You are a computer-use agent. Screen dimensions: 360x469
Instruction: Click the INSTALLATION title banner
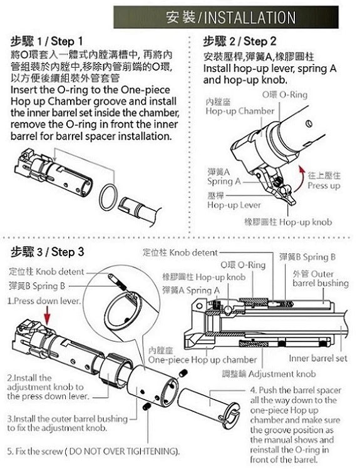coord(226,18)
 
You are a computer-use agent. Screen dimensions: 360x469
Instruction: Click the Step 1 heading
coord(47,41)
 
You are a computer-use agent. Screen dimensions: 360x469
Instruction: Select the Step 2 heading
coord(240,41)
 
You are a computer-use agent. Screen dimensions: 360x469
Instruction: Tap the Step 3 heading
coord(47,252)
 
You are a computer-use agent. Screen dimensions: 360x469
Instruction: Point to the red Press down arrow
coord(47,316)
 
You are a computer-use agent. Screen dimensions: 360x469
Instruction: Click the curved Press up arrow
coord(300,179)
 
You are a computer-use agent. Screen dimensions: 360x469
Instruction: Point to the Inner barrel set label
coord(318,358)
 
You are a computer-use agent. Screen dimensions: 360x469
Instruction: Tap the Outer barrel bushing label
coord(321,278)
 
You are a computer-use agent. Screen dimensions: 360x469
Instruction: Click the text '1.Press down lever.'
coord(44,301)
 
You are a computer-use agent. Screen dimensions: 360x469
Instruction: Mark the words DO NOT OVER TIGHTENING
coord(123,451)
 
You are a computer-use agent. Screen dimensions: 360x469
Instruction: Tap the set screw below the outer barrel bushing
coord(146,406)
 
